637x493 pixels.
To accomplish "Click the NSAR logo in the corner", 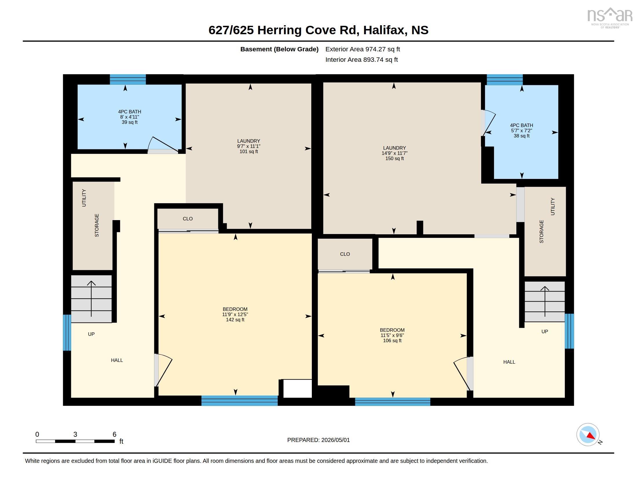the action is coord(609,18).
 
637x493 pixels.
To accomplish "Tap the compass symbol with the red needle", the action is coord(588,435).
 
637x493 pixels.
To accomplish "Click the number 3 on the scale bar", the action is coord(75,434).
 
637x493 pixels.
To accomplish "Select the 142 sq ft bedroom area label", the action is coord(235,320).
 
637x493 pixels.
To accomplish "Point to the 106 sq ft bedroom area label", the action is coord(392,340).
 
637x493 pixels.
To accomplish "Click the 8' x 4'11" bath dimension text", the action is coord(129,117).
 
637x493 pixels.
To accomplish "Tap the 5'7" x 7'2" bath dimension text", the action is coord(521,130).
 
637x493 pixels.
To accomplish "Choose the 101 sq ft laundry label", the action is coord(248,152).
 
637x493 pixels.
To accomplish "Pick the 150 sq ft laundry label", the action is coord(395,159).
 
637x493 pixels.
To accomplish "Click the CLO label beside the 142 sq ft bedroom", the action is coord(188,219).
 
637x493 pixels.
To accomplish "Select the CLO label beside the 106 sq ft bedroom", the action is coord(345,254).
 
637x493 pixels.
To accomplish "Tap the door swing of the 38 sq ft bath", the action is coord(488,123).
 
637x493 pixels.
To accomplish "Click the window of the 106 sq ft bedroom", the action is coord(393,402).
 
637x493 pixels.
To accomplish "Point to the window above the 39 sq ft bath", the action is coord(128,79).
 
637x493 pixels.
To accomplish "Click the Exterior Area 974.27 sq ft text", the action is coord(363,49).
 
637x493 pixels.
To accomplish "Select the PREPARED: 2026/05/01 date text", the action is coord(318,440).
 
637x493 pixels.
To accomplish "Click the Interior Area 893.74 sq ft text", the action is coord(361,59).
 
